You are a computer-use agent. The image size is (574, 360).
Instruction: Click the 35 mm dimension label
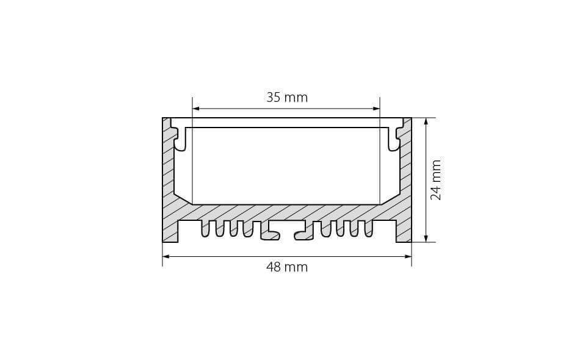(x=287, y=98)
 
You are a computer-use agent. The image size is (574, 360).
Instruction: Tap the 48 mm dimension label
(x=287, y=267)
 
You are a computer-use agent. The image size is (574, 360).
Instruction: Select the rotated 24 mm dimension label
(x=436, y=179)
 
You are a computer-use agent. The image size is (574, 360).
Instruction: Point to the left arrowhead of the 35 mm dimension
(x=196, y=109)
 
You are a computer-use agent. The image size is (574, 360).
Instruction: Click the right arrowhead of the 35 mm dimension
(x=376, y=109)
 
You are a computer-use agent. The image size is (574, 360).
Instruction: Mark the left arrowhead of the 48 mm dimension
(x=166, y=256)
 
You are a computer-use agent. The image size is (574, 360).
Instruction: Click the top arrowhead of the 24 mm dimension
(x=426, y=121)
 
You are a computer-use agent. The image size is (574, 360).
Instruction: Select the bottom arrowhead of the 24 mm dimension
(x=426, y=238)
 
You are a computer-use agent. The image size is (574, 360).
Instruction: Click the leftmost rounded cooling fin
(x=205, y=229)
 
